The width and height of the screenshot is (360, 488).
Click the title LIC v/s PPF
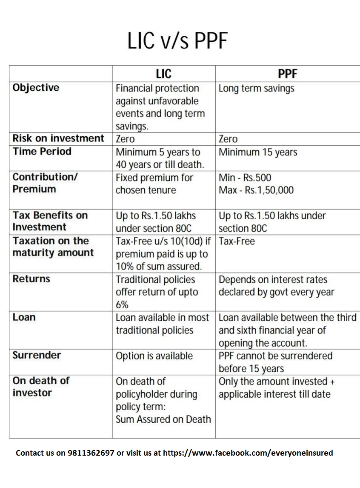(x=177, y=41)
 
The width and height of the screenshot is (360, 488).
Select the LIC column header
(x=163, y=74)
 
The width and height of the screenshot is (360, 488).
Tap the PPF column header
(x=287, y=74)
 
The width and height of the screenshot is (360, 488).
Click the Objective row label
(x=36, y=88)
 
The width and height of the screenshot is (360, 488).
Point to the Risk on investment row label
(x=58, y=138)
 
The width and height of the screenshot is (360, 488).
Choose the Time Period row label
(x=42, y=151)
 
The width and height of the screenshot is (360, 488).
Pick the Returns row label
(x=31, y=279)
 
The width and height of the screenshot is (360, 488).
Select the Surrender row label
(x=37, y=355)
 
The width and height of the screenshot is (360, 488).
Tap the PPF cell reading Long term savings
(x=256, y=89)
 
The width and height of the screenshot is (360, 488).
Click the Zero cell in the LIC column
(x=125, y=139)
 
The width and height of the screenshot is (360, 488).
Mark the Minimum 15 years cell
(x=258, y=152)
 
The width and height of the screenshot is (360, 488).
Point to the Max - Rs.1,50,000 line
(x=256, y=190)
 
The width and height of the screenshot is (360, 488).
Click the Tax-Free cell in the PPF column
(x=237, y=241)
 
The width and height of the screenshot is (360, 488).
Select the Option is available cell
(x=154, y=356)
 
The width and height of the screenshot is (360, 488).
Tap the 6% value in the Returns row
(x=122, y=305)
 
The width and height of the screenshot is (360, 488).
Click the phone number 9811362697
(x=90, y=453)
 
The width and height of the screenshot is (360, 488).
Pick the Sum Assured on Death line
(x=163, y=419)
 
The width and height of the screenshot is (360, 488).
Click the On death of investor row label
(x=41, y=387)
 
